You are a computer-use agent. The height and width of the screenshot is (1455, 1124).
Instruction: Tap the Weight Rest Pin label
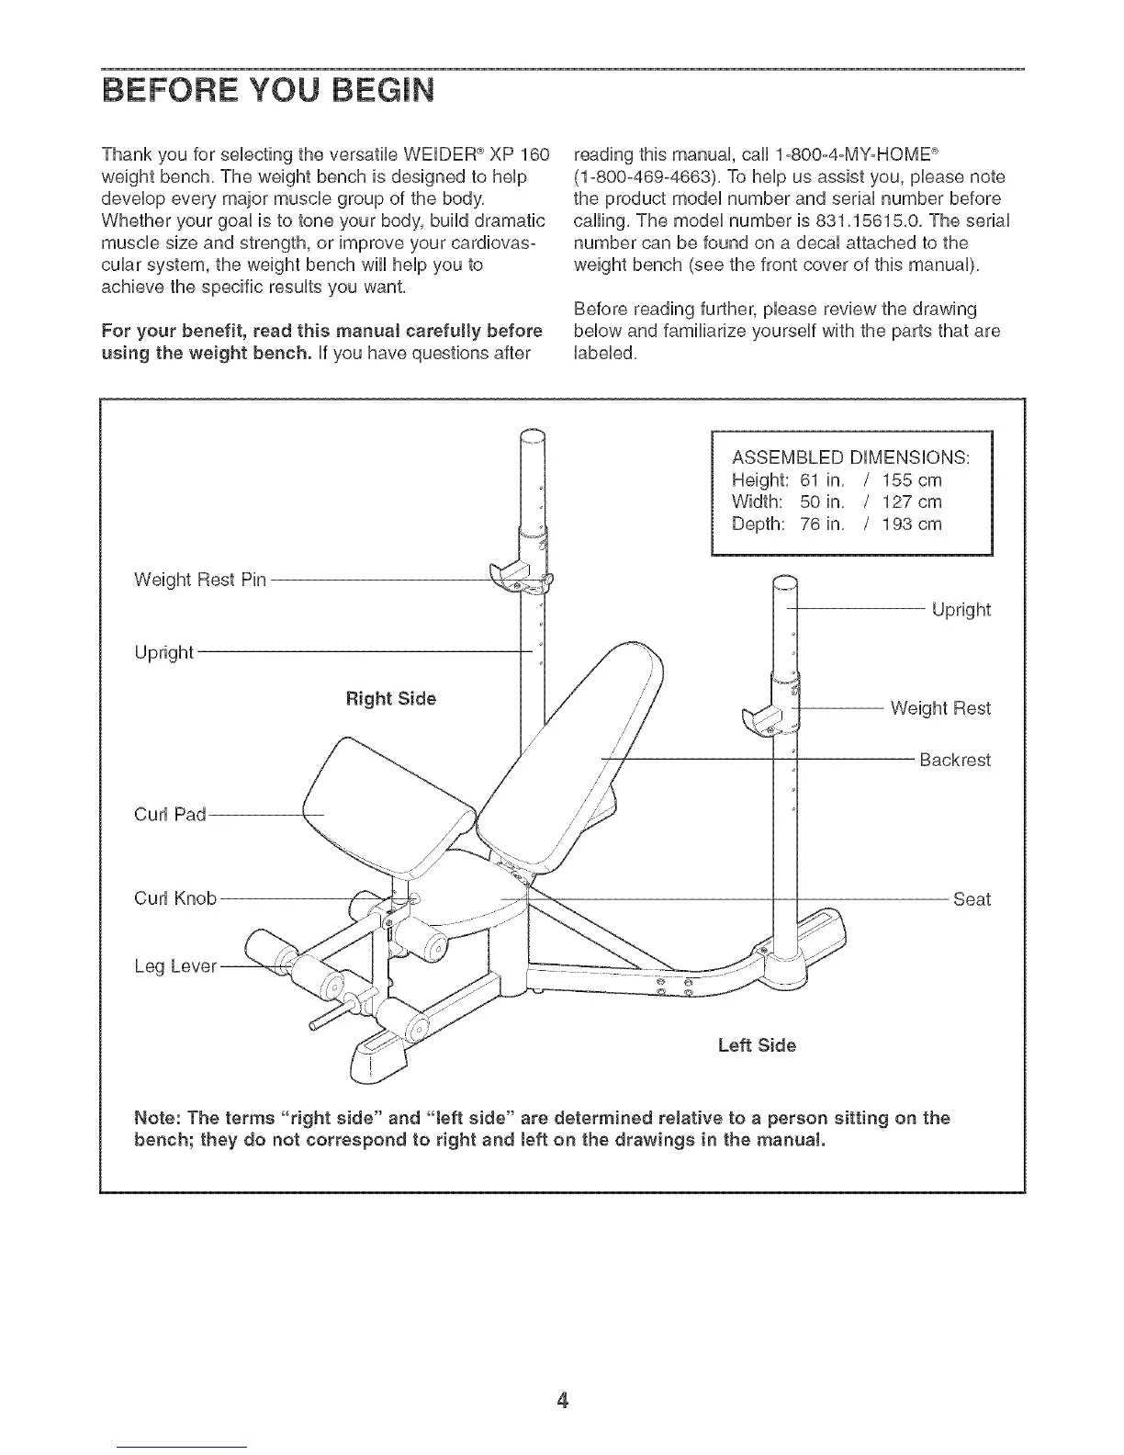pos(199,580)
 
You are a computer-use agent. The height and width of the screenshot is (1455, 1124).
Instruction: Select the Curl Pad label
pos(171,814)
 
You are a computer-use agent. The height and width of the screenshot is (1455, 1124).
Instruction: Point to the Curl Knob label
pos(175,898)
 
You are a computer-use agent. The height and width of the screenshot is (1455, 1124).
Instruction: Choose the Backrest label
pos(955,761)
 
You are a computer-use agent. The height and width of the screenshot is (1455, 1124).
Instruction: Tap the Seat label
pos(972,899)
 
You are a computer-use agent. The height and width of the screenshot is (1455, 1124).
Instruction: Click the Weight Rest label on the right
pos(940,708)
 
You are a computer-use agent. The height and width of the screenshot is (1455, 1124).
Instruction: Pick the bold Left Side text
pos(757,1045)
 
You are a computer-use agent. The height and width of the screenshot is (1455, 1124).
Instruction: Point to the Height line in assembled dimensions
pos(837,480)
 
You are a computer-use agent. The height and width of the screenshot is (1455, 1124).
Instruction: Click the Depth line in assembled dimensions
pos(837,524)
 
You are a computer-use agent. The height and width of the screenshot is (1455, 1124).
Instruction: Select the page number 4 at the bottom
pos(562,1401)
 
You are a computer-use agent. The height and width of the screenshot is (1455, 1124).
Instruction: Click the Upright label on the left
pos(163,652)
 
